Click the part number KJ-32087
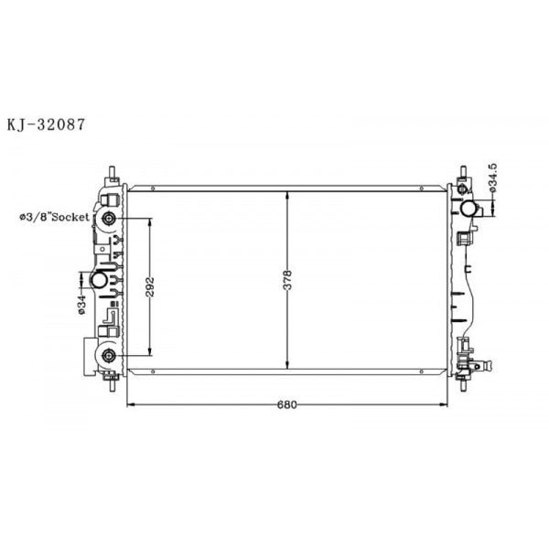coord(47,124)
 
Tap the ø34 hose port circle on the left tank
coord(98,280)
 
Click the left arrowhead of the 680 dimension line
coord(128,404)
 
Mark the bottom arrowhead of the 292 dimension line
coord(149,352)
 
